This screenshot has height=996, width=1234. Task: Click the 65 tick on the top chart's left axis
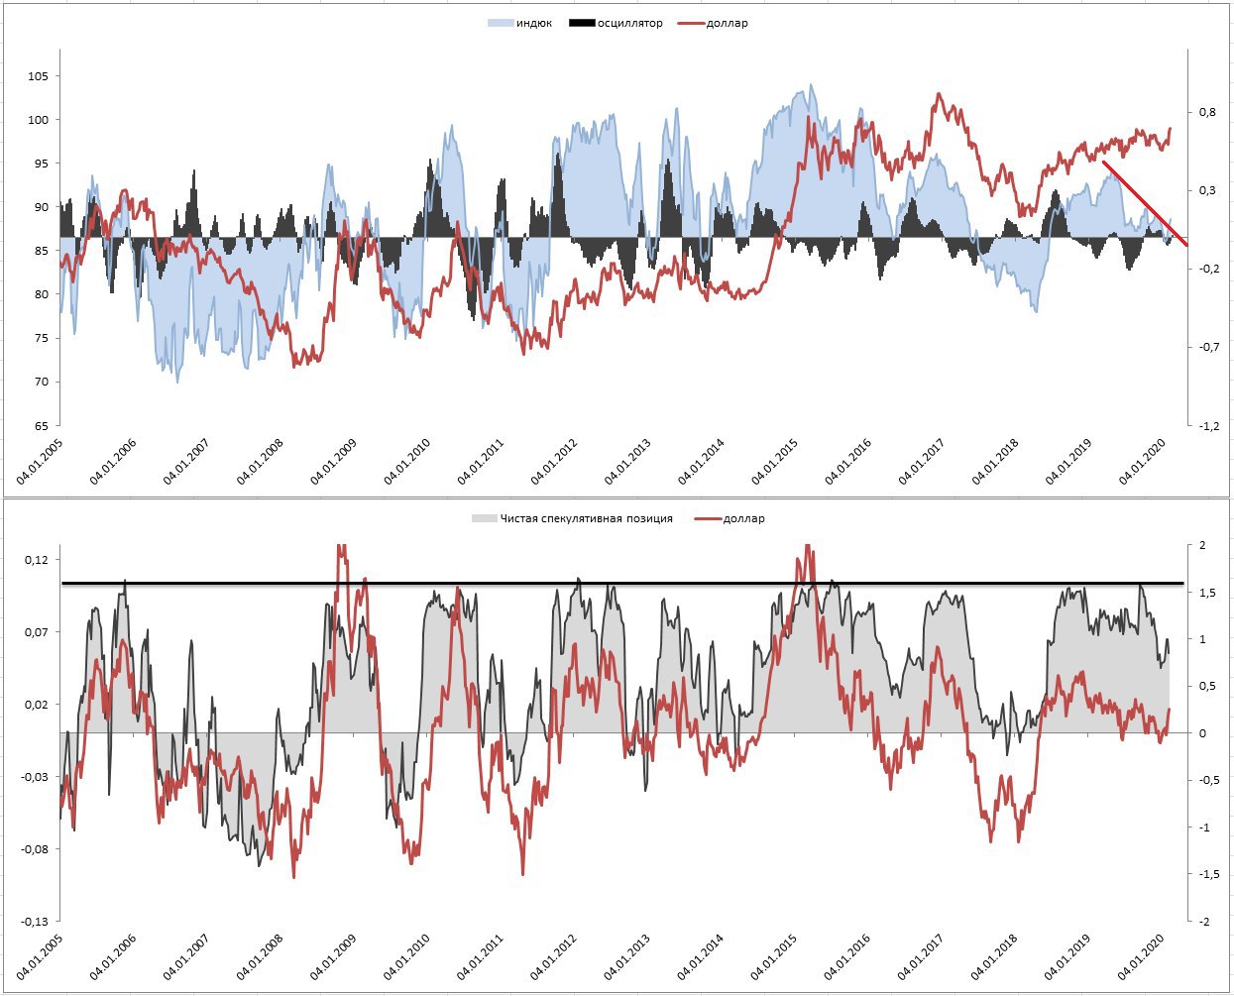click(x=42, y=426)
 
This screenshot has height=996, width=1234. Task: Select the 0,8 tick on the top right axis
click(x=1207, y=112)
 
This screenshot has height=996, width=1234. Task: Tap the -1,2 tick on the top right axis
click(x=1208, y=426)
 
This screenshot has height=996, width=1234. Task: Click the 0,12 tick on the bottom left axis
click(x=36, y=560)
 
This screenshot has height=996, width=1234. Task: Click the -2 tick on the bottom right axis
click(x=1202, y=922)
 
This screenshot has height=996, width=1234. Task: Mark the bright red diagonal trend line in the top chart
click(x=1145, y=203)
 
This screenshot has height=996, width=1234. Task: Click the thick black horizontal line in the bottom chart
click(x=622, y=583)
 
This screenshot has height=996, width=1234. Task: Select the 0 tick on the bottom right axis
click(x=1202, y=733)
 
